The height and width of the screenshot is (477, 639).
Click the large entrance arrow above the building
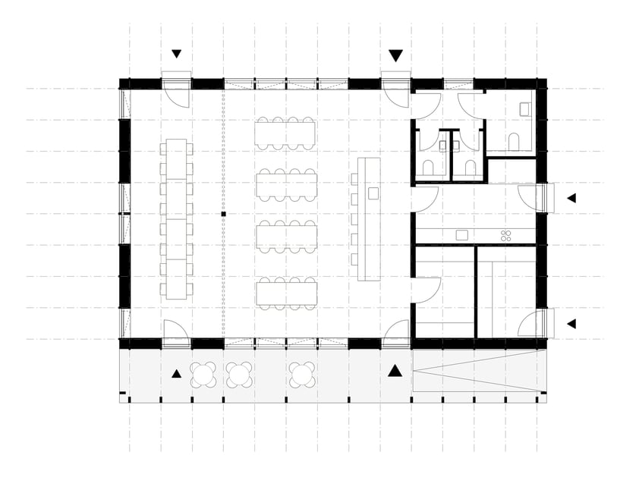[x=395, y=55]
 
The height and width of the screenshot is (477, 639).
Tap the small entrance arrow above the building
[x=177, y=54]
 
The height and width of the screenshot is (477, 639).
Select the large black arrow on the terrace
[x=395, y=370]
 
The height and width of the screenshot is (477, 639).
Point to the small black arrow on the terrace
[x=177, y=373]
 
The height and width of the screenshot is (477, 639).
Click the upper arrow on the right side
[x=571, y=198]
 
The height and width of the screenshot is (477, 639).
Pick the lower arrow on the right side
[x=571, y=324]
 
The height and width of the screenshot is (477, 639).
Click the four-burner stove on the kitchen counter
[x=506, y=236]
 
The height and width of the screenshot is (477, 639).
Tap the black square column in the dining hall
[x=224, y=215]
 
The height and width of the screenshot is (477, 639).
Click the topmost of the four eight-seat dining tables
[x=285, y=133]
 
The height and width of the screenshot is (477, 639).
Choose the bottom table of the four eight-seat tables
[x=285, y=292]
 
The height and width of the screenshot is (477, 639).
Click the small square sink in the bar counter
[x=373, y=193]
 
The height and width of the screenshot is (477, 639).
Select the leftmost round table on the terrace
[x=204, y=373]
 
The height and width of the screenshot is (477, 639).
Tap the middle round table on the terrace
[x=239, y=373]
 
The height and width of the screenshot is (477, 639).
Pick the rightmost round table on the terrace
[x=301, y=373]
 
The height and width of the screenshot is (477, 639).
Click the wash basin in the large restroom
[x=525, y=109]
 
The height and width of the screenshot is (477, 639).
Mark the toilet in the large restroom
[x=514, y=141]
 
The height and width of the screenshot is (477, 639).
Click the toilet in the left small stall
[x=428, y=166]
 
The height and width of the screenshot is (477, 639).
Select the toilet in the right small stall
[x=471, y=166]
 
